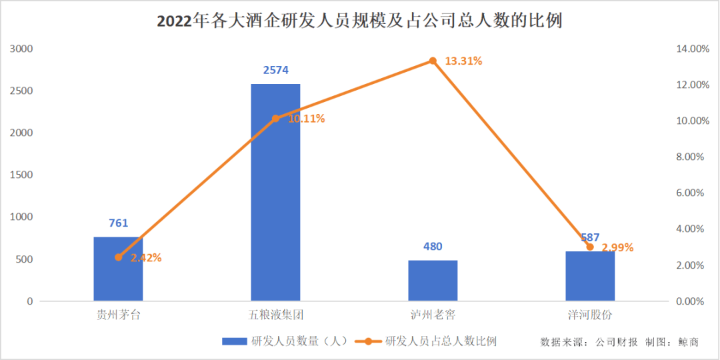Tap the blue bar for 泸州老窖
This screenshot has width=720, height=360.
433,281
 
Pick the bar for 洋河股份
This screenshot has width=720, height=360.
590,276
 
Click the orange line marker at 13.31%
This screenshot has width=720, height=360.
433,61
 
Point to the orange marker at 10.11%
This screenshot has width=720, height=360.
275,119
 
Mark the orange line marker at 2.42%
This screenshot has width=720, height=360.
119,257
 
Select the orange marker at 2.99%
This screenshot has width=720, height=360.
590,247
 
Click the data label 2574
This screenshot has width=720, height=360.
275,70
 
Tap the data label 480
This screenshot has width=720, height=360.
433,247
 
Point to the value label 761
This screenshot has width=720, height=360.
118,223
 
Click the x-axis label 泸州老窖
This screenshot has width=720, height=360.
433,315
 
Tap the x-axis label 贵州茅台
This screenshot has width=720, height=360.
118,315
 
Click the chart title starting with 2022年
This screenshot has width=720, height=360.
359,21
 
